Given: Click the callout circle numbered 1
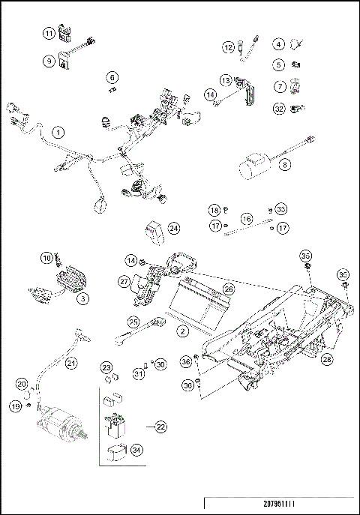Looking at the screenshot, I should pyautogui.click(x=57, y=132).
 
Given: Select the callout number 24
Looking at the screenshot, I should pyautogui.click(x=173, y=228).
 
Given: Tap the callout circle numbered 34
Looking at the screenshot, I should pyautogui.click(x=136, y=450).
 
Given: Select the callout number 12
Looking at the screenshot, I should pyautogui.click(x=228, y=47).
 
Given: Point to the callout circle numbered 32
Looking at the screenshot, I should pyautogui.click(x=278, y=108).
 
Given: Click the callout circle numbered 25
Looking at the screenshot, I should pyautogui.click(x=133, y=322).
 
